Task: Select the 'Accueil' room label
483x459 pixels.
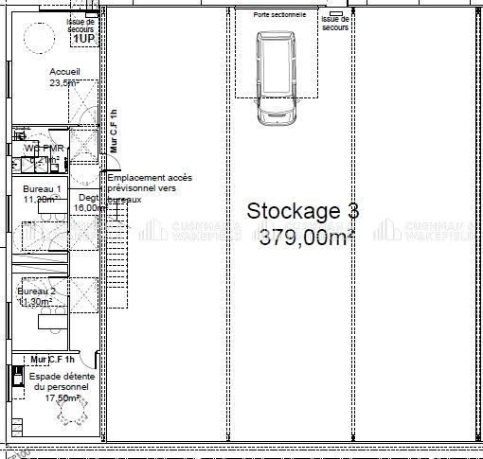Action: pyautogui.click(x=64, y=72)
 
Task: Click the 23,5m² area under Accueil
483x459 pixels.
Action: pyautogui.click(x=64, y=83)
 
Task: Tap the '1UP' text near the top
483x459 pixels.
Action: pyautogui.click(x=82, y=39)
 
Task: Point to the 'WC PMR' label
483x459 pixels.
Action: pyautogui.click(x=43, y=149)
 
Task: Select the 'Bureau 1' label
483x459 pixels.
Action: pyautogui.click(x=42, y=190)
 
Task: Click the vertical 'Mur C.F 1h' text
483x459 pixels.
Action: pyautogui.click(x=113, y=132)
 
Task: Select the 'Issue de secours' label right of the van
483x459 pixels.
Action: pyautogui.click(x=335, y=23)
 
